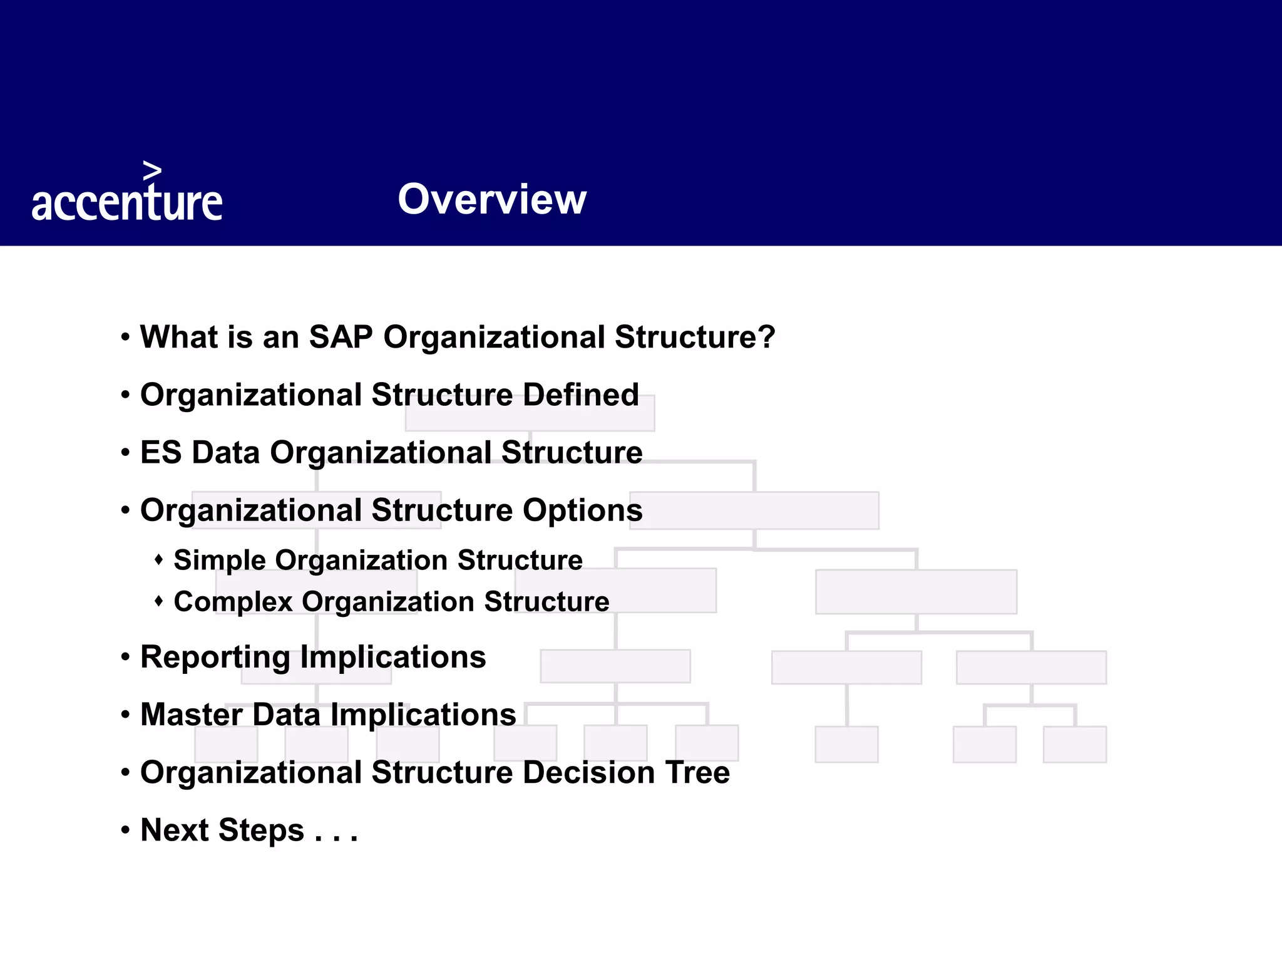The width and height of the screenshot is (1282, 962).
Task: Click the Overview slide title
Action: (492, 199)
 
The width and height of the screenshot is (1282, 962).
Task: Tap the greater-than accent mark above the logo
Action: (152, 170)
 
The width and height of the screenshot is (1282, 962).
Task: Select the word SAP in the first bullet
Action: (341, 337)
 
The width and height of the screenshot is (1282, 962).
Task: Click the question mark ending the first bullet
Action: (767, 337)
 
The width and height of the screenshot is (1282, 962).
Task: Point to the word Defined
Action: (580, 395)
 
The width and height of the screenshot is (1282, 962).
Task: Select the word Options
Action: (582, 510)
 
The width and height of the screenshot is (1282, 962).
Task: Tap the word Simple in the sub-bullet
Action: (219, 560)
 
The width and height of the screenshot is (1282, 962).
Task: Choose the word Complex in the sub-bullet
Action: (233, 601)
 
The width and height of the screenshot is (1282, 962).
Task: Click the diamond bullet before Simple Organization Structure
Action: (159, 559)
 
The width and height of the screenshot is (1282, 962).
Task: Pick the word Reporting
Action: (215, 658)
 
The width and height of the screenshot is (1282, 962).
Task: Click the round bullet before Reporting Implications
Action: (126, 657)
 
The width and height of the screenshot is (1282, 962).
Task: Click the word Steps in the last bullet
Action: (262, 830)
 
